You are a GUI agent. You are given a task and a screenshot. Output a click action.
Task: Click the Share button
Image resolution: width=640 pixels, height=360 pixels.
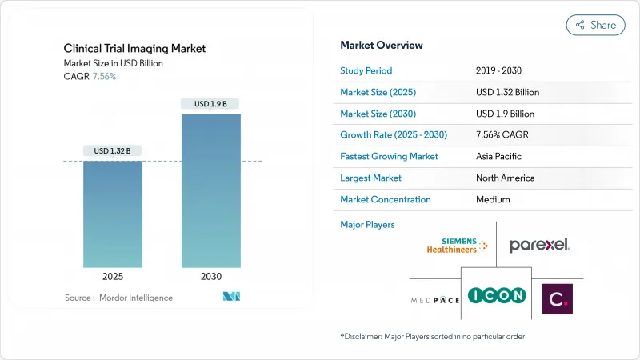pos(595,25)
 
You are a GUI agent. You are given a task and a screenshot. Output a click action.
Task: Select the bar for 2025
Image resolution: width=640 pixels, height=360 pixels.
pos(113,214)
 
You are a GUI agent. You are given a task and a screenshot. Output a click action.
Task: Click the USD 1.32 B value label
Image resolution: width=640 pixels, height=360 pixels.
pos(113,150)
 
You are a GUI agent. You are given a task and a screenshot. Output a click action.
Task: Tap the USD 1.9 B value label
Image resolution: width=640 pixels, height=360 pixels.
pos(210,103)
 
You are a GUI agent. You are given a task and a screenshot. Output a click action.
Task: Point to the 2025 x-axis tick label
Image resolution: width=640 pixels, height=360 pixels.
pos(113,277)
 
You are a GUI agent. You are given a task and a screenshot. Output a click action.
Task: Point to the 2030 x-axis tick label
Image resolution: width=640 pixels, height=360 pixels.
pos(210,277)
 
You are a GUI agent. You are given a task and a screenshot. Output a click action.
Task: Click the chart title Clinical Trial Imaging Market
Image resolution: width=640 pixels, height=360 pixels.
pos(134,49)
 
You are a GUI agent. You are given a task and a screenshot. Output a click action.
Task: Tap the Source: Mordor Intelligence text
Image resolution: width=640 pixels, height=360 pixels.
pos(118,298)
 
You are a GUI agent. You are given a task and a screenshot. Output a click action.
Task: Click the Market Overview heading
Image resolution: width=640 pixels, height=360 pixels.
pos(382,46)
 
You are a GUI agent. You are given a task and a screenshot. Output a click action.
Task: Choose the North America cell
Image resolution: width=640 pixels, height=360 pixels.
pos(505,178)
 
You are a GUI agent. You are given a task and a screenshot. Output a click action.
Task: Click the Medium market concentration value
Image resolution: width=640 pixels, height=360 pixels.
pos(493,199)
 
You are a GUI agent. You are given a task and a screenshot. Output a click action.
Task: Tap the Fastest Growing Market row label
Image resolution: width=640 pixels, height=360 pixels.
pos(389,156)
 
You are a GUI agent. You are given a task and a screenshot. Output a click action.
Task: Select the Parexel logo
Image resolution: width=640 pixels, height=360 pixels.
pos(540,245)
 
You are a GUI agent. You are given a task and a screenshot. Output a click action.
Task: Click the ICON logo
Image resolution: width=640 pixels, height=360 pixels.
pos(497,295)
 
